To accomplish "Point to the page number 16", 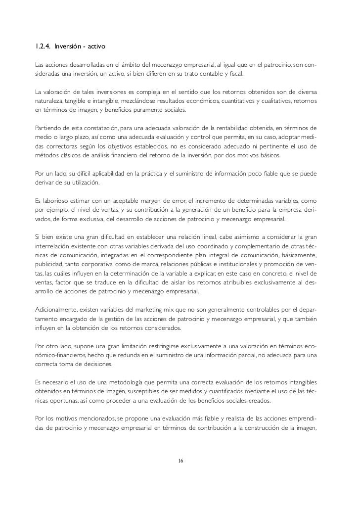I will pyautogui.click(x=180, y=461).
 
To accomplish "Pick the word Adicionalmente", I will pyautogui.click(x=56, y=309).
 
